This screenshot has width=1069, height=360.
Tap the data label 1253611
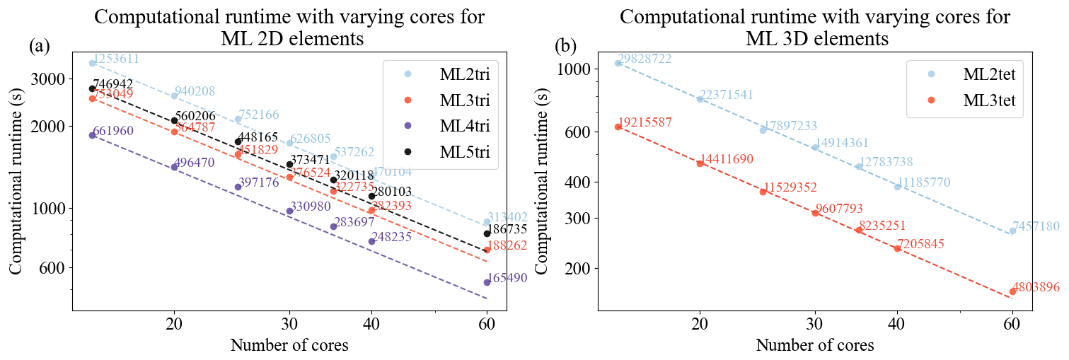(x=115, y=59)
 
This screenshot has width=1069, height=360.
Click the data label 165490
(x=508, y=279)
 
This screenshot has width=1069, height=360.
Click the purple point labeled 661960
(x=92, y=135)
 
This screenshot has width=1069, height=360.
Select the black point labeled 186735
(x=487, y=233)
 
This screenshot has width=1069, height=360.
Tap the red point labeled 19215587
(x=618, y=127)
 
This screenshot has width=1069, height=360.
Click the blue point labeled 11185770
(x=897, y=187)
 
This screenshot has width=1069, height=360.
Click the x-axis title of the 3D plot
(x=814, y=346)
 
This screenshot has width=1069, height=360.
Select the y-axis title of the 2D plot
(x=16, y=182)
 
